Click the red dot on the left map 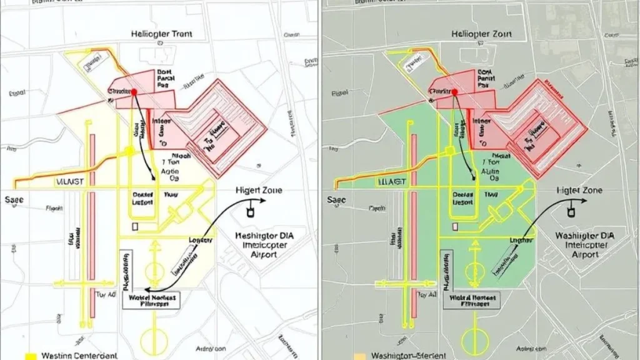click(x=133, y=92)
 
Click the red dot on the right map click(x=454, y=92)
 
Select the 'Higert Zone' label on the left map click(x=259, y=189)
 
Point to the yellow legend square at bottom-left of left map click(x=29, y=356)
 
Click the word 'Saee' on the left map click(x=14, y=200)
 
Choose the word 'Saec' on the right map click(x=336, y=200)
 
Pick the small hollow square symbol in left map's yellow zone click(x=134, y=226)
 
